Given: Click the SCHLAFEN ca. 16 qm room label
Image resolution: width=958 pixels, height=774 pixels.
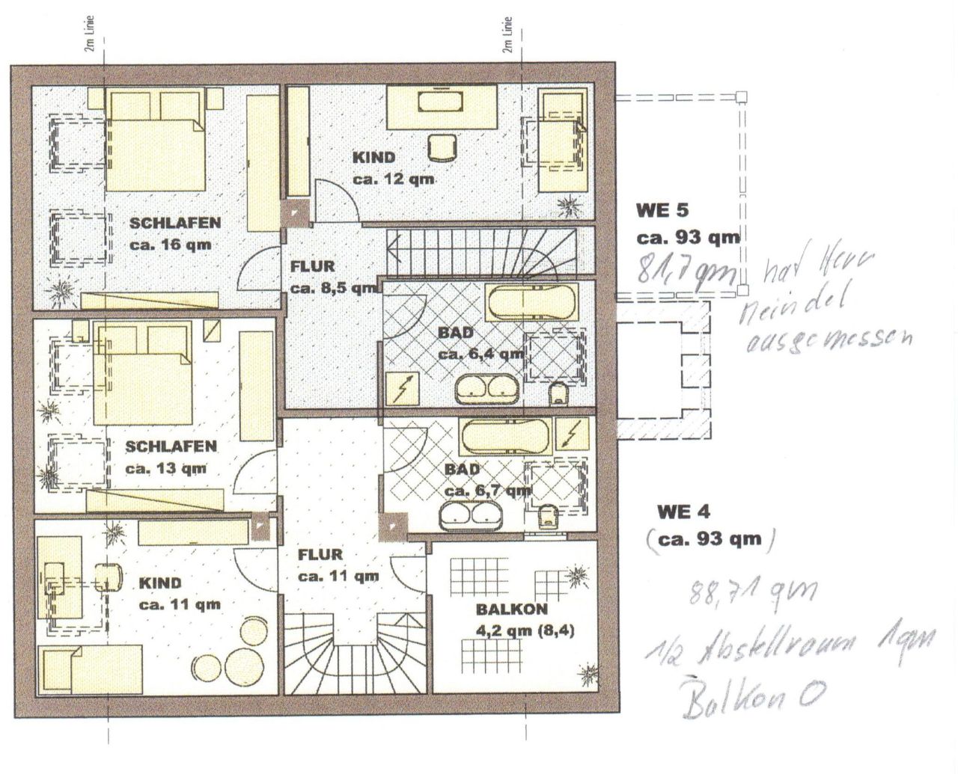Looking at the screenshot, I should (174, 233).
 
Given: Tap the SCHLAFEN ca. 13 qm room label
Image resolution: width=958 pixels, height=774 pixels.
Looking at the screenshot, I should (171, 458).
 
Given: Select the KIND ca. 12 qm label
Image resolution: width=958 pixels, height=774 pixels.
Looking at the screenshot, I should (394, 168).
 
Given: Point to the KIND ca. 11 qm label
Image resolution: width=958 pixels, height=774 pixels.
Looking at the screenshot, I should (179, 594).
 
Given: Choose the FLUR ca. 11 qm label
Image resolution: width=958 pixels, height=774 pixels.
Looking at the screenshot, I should (337, 565).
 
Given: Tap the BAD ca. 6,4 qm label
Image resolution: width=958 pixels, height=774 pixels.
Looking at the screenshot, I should (479, 343).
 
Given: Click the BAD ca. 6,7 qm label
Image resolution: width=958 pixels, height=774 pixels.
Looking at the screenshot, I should (486, 480).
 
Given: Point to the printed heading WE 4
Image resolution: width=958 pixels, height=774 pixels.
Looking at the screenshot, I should (683, 512).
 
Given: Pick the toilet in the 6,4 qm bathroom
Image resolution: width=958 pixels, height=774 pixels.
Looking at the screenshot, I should (558, 393).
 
